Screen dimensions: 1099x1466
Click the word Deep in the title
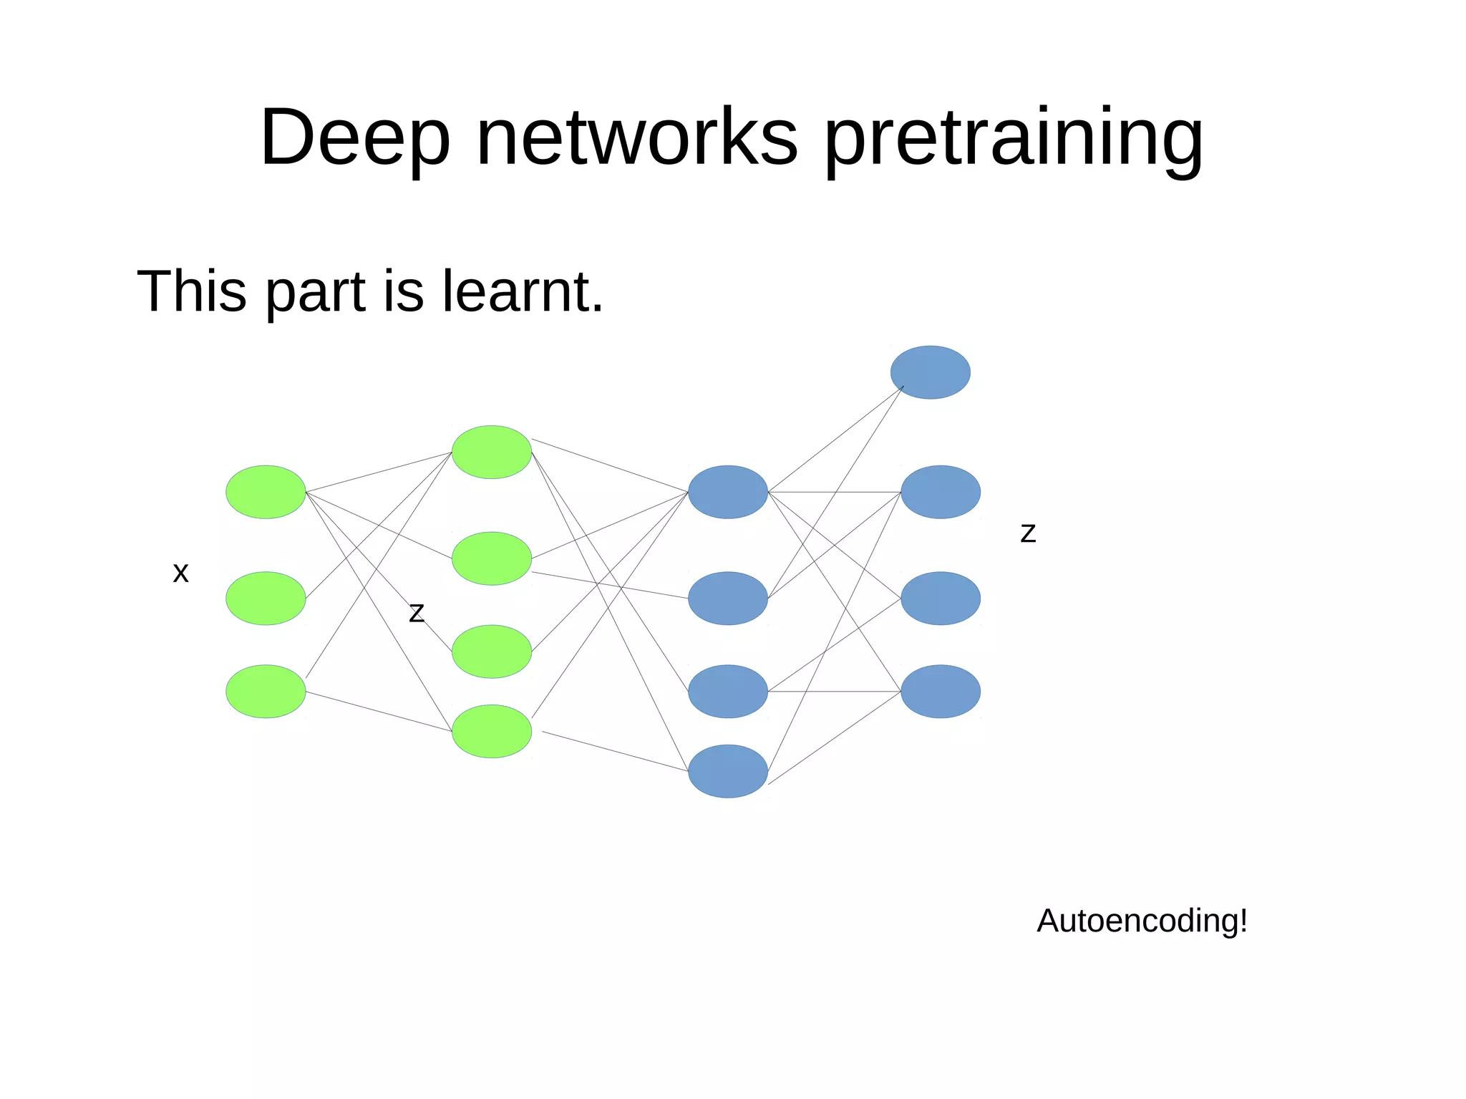pos(355,137)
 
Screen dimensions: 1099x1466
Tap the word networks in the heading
pos(636,137)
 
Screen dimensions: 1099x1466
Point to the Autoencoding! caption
pos(1142,921)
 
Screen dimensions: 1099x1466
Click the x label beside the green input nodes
pos(181,573)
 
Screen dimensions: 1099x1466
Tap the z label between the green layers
pos(417,613)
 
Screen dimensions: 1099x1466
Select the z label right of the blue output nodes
pos(1028,533)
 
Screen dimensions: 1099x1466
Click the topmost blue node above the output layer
pos(930,372)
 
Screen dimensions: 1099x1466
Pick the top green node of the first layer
pos(266,492)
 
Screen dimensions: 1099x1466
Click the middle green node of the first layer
pos(266,598)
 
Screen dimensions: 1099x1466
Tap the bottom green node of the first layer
pos(266,691)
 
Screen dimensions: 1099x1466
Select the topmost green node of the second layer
pos(492,452)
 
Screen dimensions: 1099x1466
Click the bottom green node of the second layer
pos(492,731)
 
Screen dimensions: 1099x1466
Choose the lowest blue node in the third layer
pos(728,771)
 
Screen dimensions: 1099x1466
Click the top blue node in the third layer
pos(728,492)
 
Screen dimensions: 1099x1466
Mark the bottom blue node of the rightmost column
pos(940,691)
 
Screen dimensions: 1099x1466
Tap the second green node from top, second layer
pos(492,558)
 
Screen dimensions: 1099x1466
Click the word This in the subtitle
pos(192,291)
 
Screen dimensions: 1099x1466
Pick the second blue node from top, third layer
pos(728,598)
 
